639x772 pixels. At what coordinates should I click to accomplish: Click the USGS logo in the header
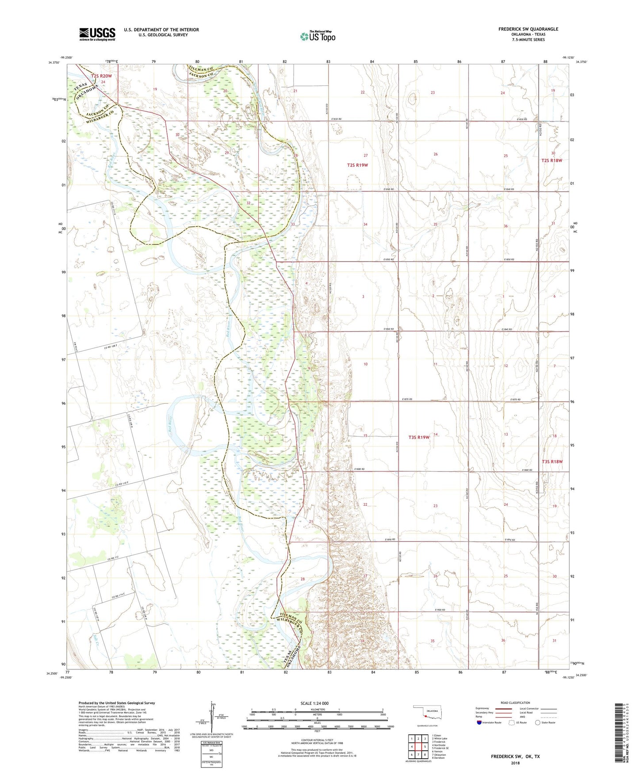[97, 34]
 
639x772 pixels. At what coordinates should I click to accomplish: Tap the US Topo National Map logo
[317, 36]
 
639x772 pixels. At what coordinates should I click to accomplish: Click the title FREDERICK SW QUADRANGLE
[528, 29]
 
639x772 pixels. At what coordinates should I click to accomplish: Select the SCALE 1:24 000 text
[314, 703]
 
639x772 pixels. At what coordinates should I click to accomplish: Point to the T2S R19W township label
[357, 165]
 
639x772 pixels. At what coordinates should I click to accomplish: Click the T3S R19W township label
[419, 437]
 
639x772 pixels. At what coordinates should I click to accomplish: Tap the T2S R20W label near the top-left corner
[102, 76]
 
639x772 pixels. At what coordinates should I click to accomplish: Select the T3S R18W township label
[552, 462]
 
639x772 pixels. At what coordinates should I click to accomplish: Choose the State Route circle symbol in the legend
[538, 722]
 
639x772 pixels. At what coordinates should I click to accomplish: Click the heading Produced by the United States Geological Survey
[117, 703]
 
